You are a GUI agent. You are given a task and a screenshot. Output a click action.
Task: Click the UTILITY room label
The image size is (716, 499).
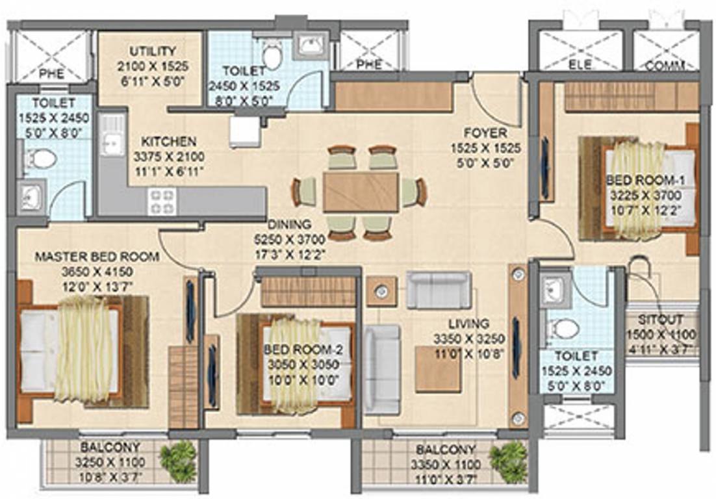[x=153, y=51]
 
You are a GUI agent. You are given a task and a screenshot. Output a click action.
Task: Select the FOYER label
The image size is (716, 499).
[x=485, y=133]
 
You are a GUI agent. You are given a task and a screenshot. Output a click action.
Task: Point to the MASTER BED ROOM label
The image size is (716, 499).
[x=97, y=257]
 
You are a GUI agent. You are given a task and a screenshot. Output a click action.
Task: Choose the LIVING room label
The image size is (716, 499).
[x=469, y=324]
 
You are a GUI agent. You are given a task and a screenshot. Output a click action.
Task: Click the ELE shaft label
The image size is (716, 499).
[x=580, y=65]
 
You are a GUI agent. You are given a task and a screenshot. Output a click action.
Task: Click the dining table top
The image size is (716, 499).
[x=361, y=192]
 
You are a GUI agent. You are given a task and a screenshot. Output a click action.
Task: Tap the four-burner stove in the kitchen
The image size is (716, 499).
[x=162, y=201]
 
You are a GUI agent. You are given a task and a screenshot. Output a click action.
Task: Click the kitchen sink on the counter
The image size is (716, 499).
[x=112, y=134]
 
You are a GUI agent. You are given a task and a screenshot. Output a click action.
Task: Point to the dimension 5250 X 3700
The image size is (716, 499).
[x=290, y=239]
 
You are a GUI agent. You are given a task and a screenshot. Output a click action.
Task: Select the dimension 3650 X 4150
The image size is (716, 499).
[x=97, y=272]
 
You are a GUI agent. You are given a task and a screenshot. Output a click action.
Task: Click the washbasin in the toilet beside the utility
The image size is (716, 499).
[x=311, y=45]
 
